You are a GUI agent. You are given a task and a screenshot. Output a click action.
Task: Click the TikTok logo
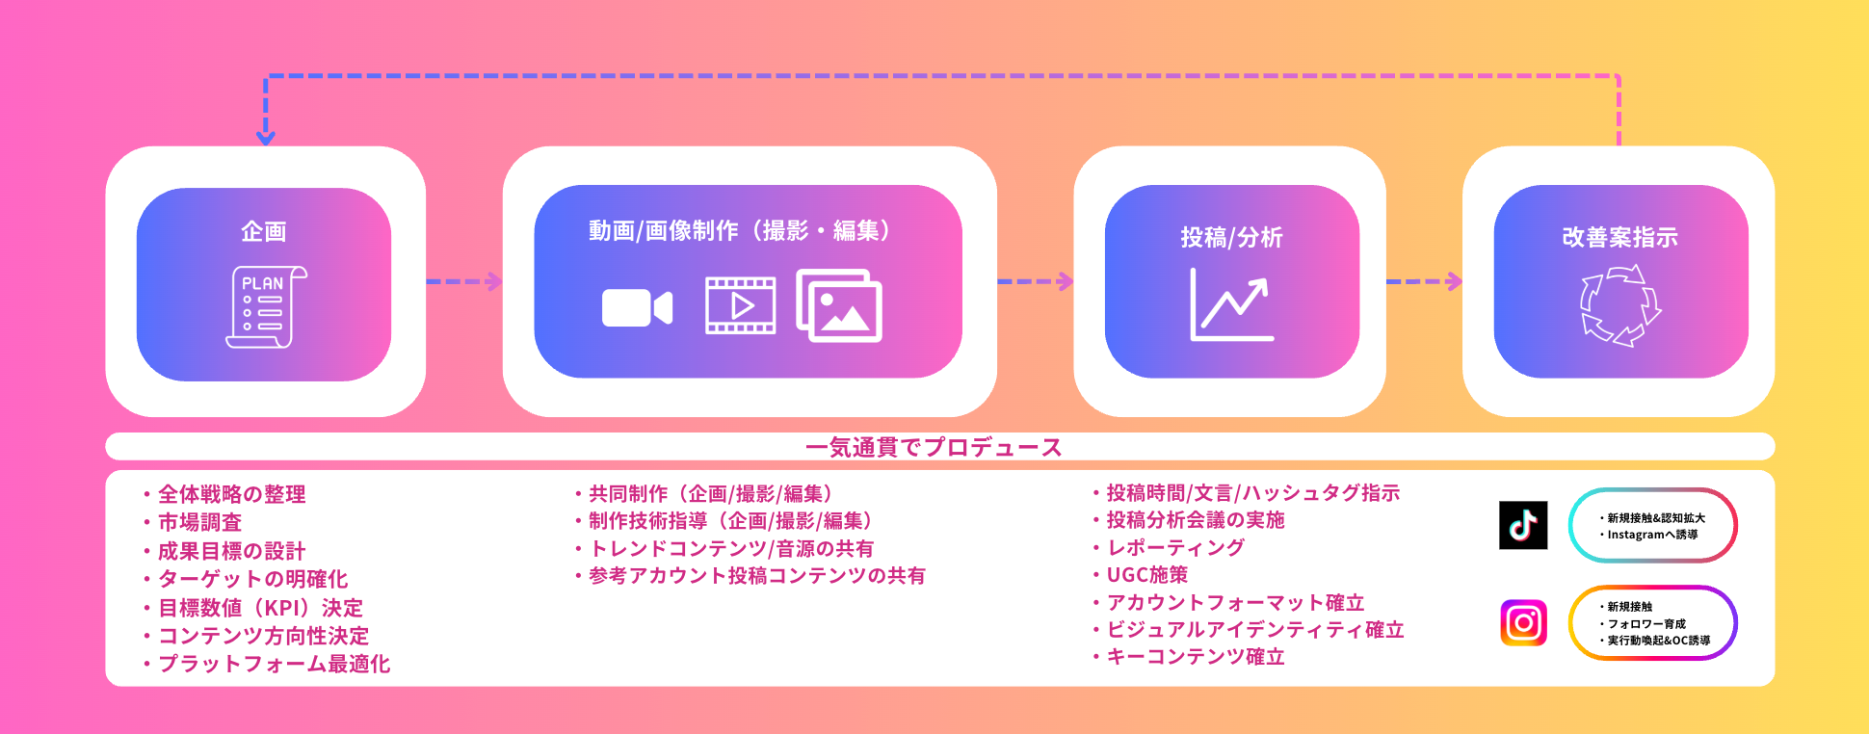[x=1523, y=525]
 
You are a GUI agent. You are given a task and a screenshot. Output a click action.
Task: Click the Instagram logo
[x=1523, y=622]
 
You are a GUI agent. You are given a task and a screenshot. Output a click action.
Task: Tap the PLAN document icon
[x=265, y=307]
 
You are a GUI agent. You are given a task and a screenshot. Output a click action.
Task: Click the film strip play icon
[x=740, y=305]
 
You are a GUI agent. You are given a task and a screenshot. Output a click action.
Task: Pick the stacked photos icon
[x=839, y=305]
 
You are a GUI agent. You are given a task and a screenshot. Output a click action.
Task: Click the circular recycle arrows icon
[x=1620, y=305]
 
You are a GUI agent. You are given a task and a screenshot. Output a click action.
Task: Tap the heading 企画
[x=263, y=231]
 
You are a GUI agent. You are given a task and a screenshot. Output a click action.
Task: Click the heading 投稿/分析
[x=1231, y=237]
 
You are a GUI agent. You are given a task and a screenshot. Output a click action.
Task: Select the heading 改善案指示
[x=1619, y=237]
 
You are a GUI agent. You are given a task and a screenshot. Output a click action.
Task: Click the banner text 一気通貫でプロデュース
[x=934, y=447]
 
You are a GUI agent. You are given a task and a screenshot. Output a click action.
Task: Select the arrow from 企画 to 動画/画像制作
[x=464, y=281]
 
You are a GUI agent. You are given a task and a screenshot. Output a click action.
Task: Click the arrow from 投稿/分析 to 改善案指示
[x=1424, y=281]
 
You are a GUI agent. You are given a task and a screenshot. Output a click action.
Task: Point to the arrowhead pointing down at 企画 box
[x=266, y=138]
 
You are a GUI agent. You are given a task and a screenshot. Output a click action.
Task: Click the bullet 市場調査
[x=199, y=522]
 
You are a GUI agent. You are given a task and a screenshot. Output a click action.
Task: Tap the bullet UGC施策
[x=1146, y=575]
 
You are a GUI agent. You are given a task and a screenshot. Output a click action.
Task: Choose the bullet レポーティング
[x=1175, y=547]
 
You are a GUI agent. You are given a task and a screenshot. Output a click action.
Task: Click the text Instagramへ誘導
[x=1652, y=535]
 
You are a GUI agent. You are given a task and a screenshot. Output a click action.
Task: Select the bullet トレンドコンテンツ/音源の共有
[x=731, y=548]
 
